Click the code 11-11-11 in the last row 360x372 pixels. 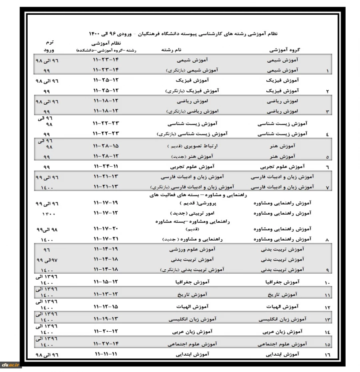[106, 354]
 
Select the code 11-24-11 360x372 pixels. [106, 166]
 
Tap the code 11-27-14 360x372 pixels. [106, 343]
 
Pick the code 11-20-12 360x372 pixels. [106, 331]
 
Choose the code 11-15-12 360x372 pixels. [106, 282]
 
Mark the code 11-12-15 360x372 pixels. [106, 306]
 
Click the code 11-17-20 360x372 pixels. [106, 229]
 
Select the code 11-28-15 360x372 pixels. [106, 146]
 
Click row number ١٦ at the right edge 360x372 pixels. [328, 355]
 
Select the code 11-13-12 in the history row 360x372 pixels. [106, 294]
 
